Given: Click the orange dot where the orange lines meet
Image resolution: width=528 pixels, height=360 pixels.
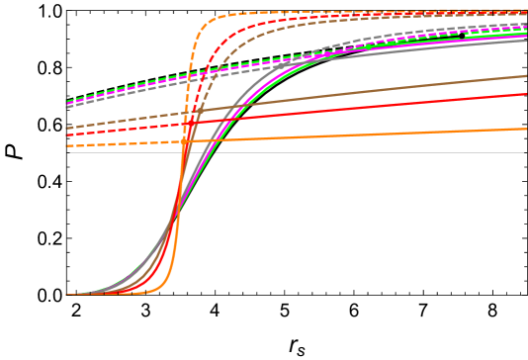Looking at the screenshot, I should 184,141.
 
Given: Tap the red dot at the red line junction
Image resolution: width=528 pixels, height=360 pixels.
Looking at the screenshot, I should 188,124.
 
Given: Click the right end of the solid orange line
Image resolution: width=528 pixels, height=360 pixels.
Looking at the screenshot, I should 526,129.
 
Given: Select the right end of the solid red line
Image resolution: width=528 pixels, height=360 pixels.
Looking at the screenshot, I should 526,95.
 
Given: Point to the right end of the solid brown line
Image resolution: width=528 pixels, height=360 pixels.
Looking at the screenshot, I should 526,76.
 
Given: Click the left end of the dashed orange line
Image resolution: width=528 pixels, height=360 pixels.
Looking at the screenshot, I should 67,146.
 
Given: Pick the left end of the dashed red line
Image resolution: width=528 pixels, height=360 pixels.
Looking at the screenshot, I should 67,134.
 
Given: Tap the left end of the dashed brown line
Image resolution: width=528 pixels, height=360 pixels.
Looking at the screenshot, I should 67,128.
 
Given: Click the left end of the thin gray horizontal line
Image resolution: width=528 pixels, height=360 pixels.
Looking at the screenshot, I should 69,152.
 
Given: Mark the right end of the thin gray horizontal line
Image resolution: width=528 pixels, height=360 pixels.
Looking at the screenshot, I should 524,152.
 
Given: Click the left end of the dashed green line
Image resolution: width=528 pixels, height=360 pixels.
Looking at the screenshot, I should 67,102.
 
